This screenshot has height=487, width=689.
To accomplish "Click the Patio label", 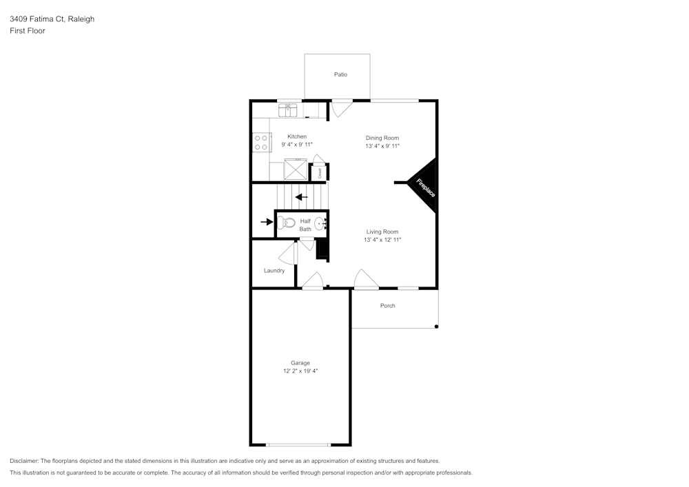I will click(x=340, y=74).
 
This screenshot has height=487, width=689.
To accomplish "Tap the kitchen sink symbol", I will click(x=288, y=108).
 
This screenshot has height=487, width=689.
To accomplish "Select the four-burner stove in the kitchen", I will click(x=261, y=142).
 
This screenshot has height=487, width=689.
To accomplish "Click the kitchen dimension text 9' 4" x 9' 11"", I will click(x=297, y=145).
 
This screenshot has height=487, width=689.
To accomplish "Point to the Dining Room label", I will click(x=382, y=138).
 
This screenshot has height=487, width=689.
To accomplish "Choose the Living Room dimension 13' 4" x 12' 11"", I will click(x=382, y=240).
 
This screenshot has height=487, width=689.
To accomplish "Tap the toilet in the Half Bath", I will click(x=287, y=222).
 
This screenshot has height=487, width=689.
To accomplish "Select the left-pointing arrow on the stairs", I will click(x=301, y=197).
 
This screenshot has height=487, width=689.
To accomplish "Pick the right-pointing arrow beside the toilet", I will click(x=266, y=222).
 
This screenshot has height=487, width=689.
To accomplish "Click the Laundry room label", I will click(x=274, y=271).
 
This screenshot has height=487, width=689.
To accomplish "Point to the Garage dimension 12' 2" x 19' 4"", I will click(x=300, y=371).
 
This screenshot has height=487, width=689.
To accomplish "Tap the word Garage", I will click(x=300, y=363).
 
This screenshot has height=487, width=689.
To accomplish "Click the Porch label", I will click(x=388, y=306).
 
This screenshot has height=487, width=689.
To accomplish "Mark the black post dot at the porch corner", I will click(x=436, y=327).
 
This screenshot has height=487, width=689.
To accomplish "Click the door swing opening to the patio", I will click(x=341, y=108).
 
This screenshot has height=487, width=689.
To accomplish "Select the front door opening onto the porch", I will click(x=365, y=280).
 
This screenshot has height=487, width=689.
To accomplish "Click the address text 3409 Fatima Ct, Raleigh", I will click(x=52, y=19).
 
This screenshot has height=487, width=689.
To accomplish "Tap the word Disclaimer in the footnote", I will click(x=24, y=461).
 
